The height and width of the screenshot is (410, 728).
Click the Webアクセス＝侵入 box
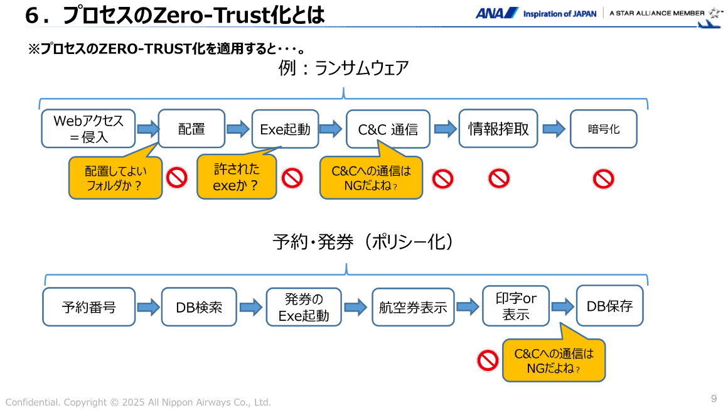tap(88, 129)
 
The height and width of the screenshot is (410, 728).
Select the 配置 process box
tap(191, 129)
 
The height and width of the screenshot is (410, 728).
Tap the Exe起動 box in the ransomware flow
tap(285, 129)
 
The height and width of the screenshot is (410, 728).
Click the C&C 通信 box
tap(388, 129)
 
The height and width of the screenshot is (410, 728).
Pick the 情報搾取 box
tap(498, 129)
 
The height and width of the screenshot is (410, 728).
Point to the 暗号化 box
tap(603, 129)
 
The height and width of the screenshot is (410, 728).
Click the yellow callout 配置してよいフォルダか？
tap(114, 178)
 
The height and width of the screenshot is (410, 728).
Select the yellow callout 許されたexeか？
tap(237, 178)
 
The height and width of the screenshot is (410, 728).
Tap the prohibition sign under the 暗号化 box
tap(603, 180)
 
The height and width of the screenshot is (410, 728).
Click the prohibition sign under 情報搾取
tap(499, 180)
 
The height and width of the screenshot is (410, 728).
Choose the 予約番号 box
tap(89, 307)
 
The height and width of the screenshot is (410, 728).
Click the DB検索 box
tap(199, 307)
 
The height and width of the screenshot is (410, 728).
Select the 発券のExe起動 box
tap(304, 307)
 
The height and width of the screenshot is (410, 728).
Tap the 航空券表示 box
tap(412, 307)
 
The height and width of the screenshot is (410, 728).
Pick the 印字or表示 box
tap(515, 307)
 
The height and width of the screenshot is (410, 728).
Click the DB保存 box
tap(609, 306)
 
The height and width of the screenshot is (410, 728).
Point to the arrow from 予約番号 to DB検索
tap(148, 307)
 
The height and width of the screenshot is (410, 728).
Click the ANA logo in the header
tap(496, 13)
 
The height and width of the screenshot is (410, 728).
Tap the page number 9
tap(714, 399)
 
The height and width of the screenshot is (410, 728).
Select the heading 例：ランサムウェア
tap(343, 68)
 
